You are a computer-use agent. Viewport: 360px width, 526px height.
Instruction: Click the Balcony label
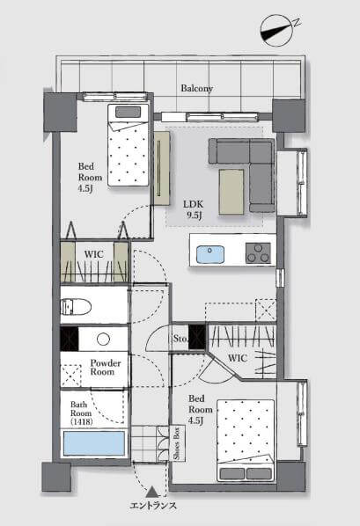(x=197, y=88)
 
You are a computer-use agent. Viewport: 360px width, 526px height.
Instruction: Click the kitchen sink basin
(x=210, y=254)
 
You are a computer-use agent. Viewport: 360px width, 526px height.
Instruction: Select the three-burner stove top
(x=258, y=253)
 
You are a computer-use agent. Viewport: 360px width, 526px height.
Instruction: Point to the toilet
(x=76, y=307)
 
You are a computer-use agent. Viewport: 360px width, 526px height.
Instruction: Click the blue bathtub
(x=94, y=443)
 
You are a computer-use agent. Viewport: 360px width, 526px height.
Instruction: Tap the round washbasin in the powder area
(x=104, y=339)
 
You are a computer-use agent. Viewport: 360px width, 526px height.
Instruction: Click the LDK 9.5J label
(x=194, y=209)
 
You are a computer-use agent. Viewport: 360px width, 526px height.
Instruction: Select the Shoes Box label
(x=177, y=443)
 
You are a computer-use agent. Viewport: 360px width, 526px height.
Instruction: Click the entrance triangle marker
(x=152, y=492)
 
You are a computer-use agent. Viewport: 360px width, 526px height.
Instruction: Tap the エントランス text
(x=153, y=506)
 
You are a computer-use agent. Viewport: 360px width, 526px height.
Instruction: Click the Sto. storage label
(x=180, y=339)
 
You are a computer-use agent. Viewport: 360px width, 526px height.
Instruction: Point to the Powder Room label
(x=105, y=368)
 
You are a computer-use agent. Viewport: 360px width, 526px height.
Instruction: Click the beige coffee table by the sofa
(x=231, y=192)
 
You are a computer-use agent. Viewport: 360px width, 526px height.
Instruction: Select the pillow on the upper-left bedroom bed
(x=128, y=112)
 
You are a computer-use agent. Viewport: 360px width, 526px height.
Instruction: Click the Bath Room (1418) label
(x=81, y=413)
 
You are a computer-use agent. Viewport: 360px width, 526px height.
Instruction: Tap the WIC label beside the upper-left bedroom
(x=94, y=254)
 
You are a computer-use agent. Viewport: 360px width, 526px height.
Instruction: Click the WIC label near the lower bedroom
(x=238, y=358)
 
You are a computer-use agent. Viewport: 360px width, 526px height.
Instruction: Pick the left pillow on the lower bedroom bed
(x=232, y=474)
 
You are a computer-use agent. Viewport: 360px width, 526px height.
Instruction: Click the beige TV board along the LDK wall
(x=162, y=168)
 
